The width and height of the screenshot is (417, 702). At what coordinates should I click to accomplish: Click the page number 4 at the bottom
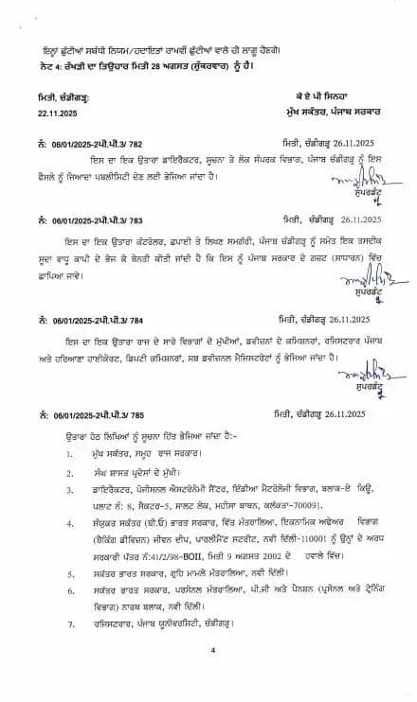coord(214,676)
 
